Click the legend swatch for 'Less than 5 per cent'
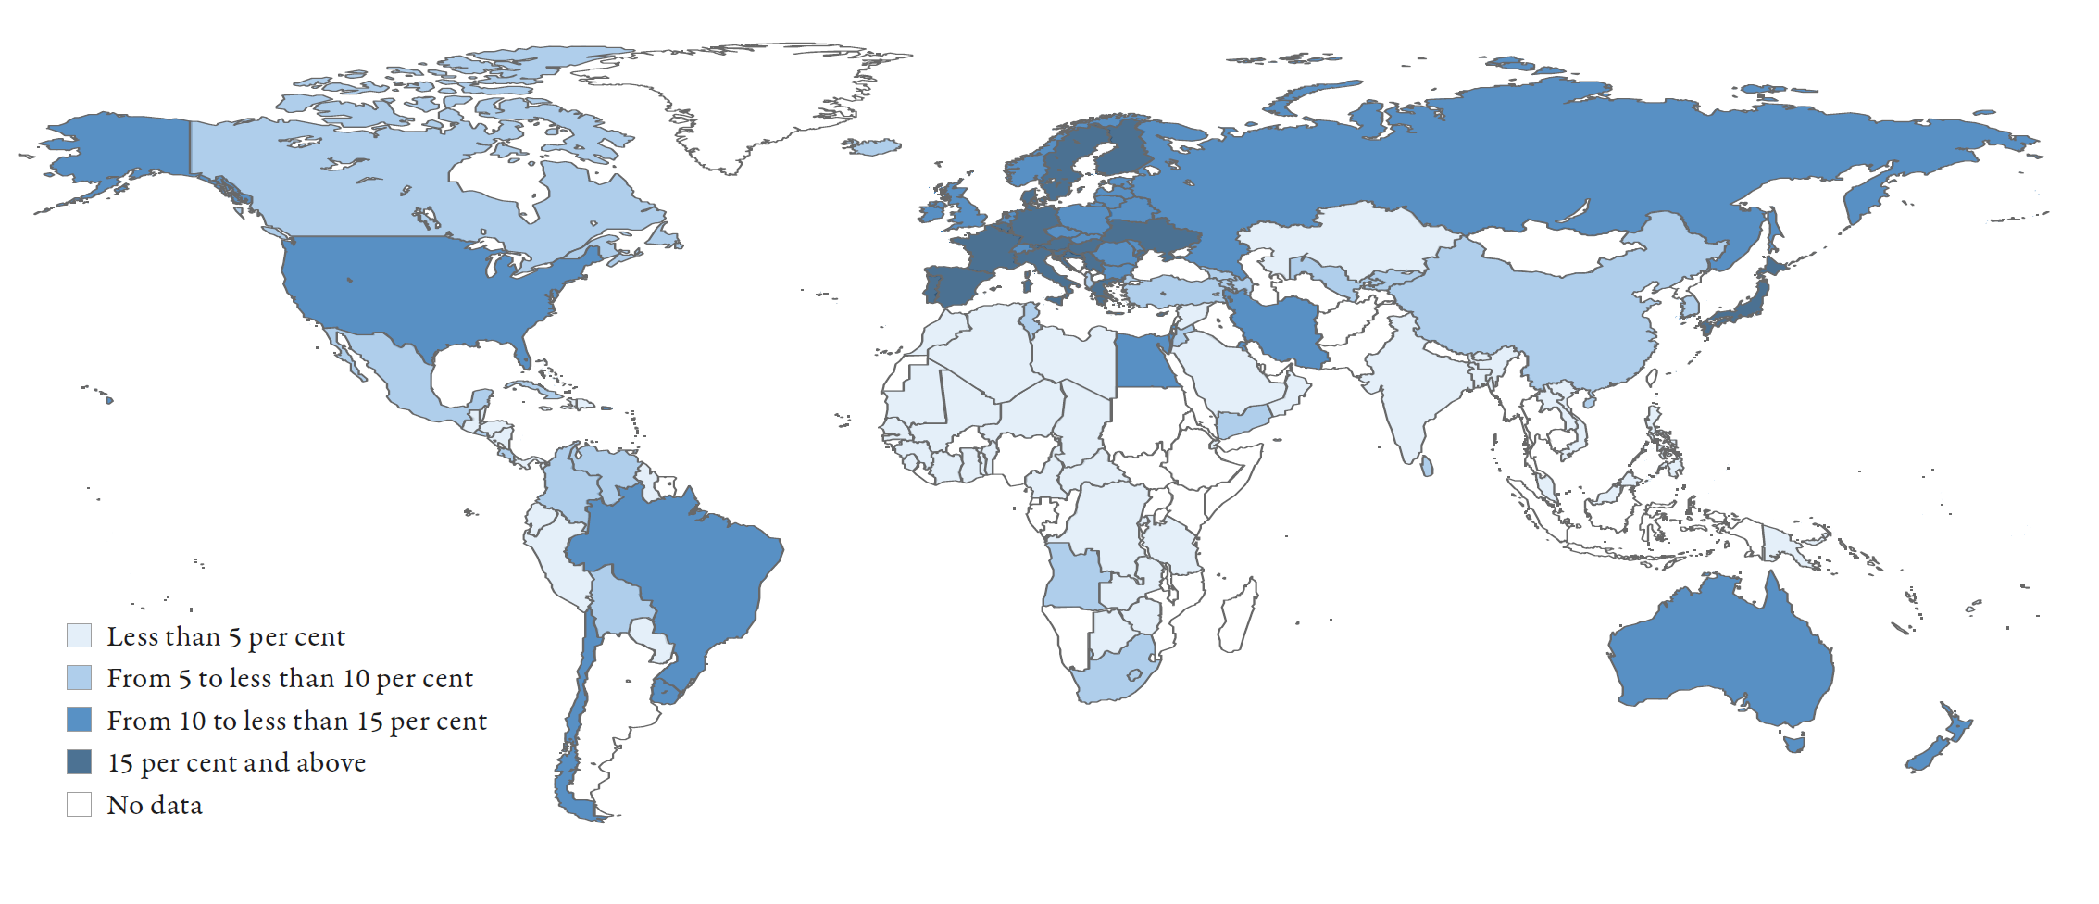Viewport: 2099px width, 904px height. pos(79,635)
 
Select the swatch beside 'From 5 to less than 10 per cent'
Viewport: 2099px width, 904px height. pos(79,677)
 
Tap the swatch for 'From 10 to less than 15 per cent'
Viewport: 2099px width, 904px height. pos(79,720)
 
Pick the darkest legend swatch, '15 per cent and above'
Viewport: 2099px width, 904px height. pos(79,761)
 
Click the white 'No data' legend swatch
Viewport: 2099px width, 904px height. pos(79,804)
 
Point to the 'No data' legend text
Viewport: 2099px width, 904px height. pos(155,805)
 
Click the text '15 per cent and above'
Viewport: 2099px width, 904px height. pos(236,762)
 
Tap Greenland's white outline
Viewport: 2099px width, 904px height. pos(741,102)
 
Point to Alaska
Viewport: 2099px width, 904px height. pos(120,148)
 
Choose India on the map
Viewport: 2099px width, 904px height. pos(1407,389)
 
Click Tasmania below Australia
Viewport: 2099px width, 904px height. pos(1794,742)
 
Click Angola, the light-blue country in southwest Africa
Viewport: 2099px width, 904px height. pos(1074,579)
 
